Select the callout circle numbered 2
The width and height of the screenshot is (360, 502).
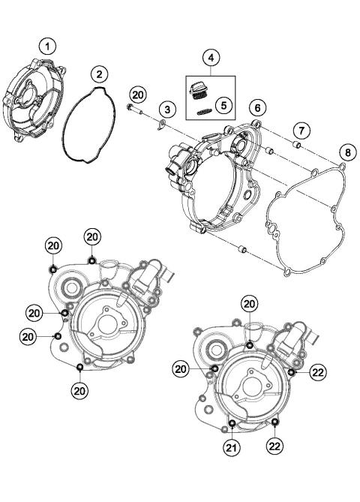click(99, 74)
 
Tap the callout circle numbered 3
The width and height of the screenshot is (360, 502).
click(169, 110)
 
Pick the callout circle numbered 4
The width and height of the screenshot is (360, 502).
click(211, 57)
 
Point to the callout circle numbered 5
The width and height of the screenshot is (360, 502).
click(223, 105)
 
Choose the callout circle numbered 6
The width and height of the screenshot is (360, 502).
click(256, 108)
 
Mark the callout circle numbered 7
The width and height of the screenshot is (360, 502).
click(298, 131)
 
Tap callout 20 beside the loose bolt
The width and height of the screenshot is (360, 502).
click(136, 94)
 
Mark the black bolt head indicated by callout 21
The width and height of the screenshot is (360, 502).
click(232, 425)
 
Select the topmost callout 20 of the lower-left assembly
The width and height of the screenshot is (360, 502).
click(91, 236)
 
